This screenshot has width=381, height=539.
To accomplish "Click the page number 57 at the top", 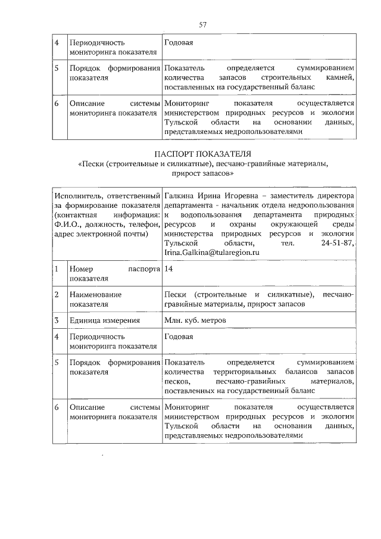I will pyautogui.click(x=202, y=24).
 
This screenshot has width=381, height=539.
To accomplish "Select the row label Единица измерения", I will pyautogui.click(x=105, y=320).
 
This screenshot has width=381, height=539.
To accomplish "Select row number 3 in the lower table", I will pyautogui.click(x=56, y=320).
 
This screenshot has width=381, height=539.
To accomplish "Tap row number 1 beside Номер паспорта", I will pyautogui.click(x=56, y=269).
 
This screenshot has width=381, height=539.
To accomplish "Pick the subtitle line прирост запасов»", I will pyautogui.click(x=202, y=174).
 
